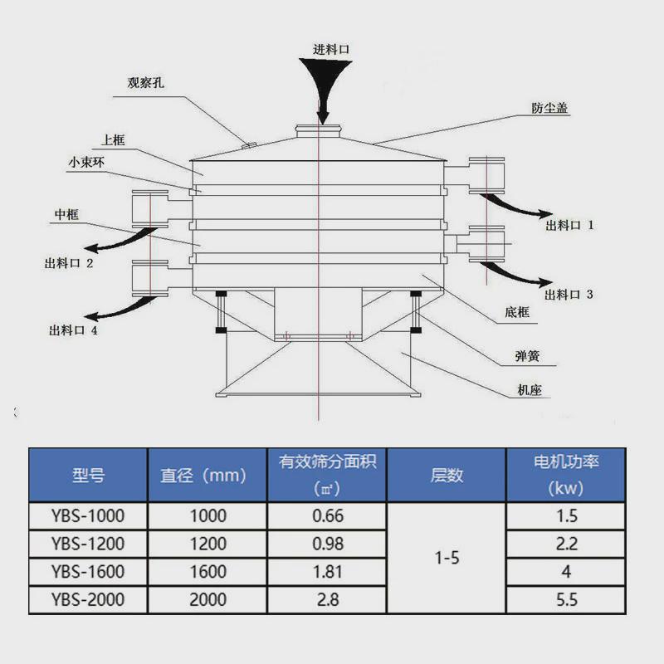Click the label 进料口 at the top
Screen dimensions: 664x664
click(x=330, y=49)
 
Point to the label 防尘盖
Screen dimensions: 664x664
click(x=549, y=109)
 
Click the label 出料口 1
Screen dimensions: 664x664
click(x=570, y=224)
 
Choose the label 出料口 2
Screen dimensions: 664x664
click(x=69, y=264)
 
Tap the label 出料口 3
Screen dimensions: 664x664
click(x=570, y=294)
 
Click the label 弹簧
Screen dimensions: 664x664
click(x=527, y=358)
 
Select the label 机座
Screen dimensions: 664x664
click(x=529, y=388)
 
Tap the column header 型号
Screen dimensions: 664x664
click(x=88, y=475)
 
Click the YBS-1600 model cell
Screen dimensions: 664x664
click(x=88, y=571)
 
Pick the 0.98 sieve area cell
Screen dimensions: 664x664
click(x=327, y=544)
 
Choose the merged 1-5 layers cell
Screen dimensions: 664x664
click(x=447, y=558)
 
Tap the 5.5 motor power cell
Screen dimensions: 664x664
click(x=567, y=599)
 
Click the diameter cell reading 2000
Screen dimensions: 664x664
click(x=207, y=599)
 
